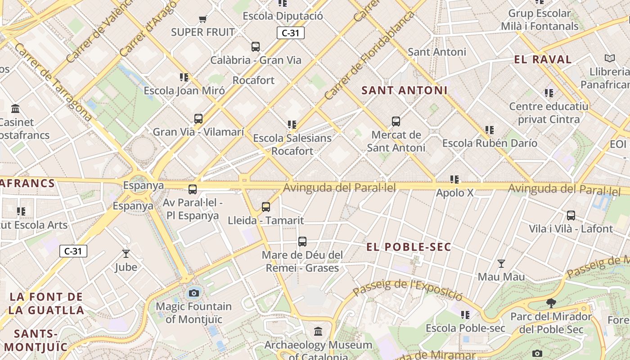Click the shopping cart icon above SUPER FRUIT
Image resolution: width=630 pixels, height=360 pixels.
(202, 19)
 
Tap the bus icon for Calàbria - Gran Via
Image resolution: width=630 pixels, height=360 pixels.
(256, 46)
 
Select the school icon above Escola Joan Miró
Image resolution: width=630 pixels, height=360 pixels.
(184, 77)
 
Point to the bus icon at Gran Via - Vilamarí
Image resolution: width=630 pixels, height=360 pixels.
(198, 119)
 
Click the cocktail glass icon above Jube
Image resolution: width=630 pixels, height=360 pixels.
(126, 254)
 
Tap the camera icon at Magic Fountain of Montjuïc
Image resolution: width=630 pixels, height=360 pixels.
(194, 293)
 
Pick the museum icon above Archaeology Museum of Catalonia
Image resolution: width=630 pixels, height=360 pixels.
(318, 332)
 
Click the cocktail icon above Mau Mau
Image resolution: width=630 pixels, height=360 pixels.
(501, 263)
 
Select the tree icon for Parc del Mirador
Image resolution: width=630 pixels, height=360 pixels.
(551, 303)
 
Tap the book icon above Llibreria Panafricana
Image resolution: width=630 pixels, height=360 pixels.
(610, 58)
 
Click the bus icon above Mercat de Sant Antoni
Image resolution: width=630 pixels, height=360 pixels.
(396, 121)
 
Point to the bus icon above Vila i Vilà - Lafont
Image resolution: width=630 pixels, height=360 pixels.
(571, 216)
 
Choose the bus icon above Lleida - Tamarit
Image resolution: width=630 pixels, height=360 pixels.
(266, 207)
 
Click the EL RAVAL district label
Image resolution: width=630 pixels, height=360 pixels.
(543, 59)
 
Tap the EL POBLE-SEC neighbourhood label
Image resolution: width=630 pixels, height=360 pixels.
(409, 247)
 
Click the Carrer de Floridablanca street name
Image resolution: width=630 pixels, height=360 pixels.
(369, 56)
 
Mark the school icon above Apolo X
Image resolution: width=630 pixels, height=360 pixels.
(454, 180)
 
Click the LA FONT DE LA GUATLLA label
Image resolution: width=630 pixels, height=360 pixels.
(46, 303)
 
